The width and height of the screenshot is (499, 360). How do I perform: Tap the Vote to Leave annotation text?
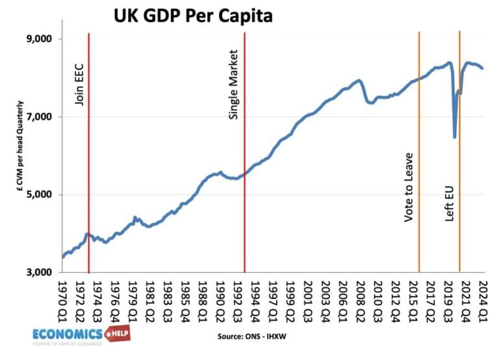409,188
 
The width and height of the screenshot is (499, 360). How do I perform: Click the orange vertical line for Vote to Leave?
419,162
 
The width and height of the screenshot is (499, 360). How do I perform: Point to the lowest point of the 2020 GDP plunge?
455,137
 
